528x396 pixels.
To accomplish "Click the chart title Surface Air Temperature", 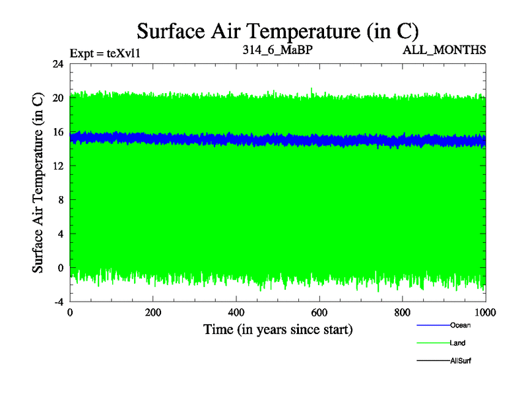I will [277, 30].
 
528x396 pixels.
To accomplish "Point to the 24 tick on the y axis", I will [58, 64].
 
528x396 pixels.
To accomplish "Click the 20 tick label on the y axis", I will [58, 98].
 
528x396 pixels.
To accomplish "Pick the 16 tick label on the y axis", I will [58, 132].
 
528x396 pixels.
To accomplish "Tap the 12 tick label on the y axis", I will [58, 166].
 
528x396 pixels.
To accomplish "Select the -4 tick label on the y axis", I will [57, 302].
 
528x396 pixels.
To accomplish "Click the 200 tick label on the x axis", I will [153, 313].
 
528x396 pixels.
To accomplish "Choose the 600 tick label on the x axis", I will [319, 313].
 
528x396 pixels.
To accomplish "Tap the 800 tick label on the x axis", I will [403, 313].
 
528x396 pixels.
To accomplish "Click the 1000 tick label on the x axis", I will [484, 313].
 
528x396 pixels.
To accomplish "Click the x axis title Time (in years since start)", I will [277, 329].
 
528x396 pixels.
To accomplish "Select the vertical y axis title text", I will [38, 183].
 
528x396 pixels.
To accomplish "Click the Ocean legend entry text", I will [460, 325].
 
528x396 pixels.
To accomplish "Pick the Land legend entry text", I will [458, 343].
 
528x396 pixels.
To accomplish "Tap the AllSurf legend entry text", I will [461, 361].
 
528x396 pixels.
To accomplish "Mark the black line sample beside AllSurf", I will [432, 361].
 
